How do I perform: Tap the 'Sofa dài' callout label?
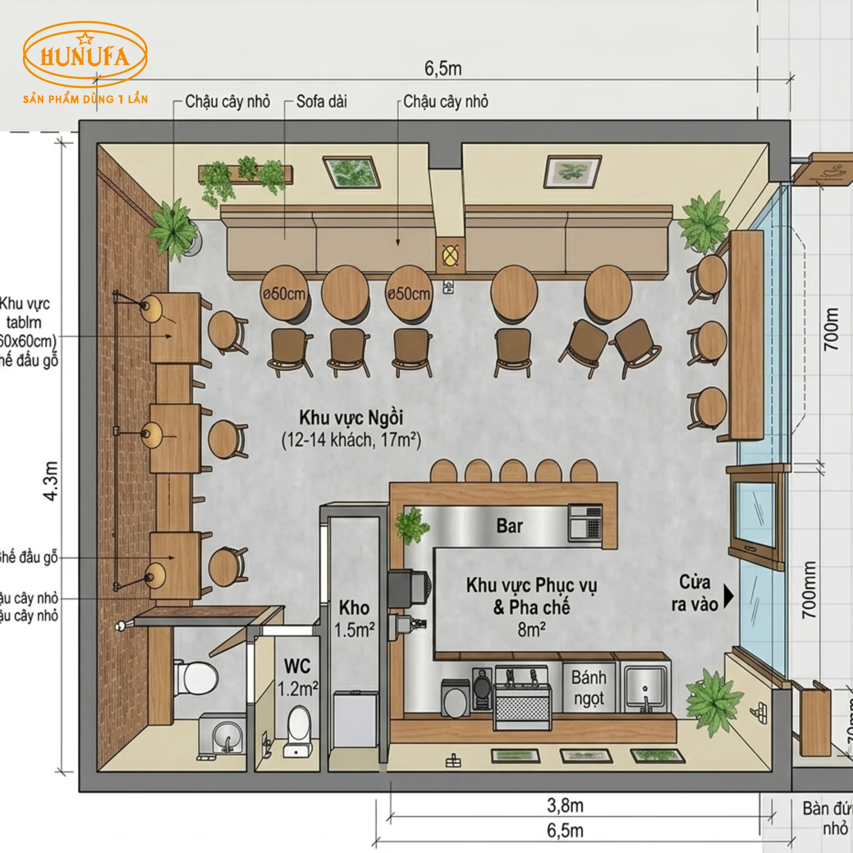322,102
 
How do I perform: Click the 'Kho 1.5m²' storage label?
354,619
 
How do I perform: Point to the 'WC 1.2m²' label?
297,677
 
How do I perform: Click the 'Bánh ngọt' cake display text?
589,688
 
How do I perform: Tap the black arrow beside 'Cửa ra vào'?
728,596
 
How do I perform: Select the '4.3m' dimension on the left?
51,481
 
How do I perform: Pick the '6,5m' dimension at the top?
443,69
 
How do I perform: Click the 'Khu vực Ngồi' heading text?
351,417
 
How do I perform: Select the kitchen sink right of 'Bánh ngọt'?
645,686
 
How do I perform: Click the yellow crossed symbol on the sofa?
450,255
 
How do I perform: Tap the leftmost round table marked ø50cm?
284,293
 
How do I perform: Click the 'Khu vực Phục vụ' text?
531,586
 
